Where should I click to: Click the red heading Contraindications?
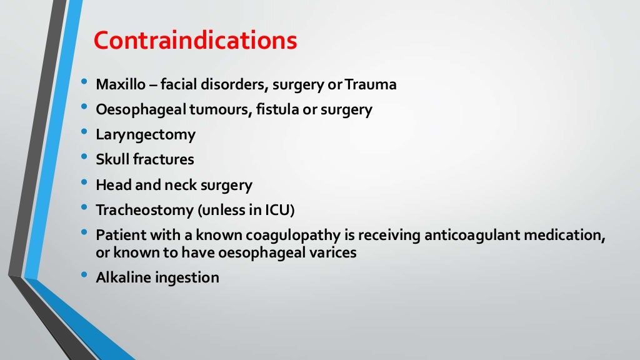(195, 41)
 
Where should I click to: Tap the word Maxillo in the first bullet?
(119, 84)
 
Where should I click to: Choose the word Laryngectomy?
(146, 134)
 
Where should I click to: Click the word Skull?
(112, 159)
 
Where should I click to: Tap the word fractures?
(164, 159)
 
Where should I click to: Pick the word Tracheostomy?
(144, 210)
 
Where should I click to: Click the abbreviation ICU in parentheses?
(278, 210)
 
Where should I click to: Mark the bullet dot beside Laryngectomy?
(84, 132)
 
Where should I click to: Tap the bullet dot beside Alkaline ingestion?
(84, 276)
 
